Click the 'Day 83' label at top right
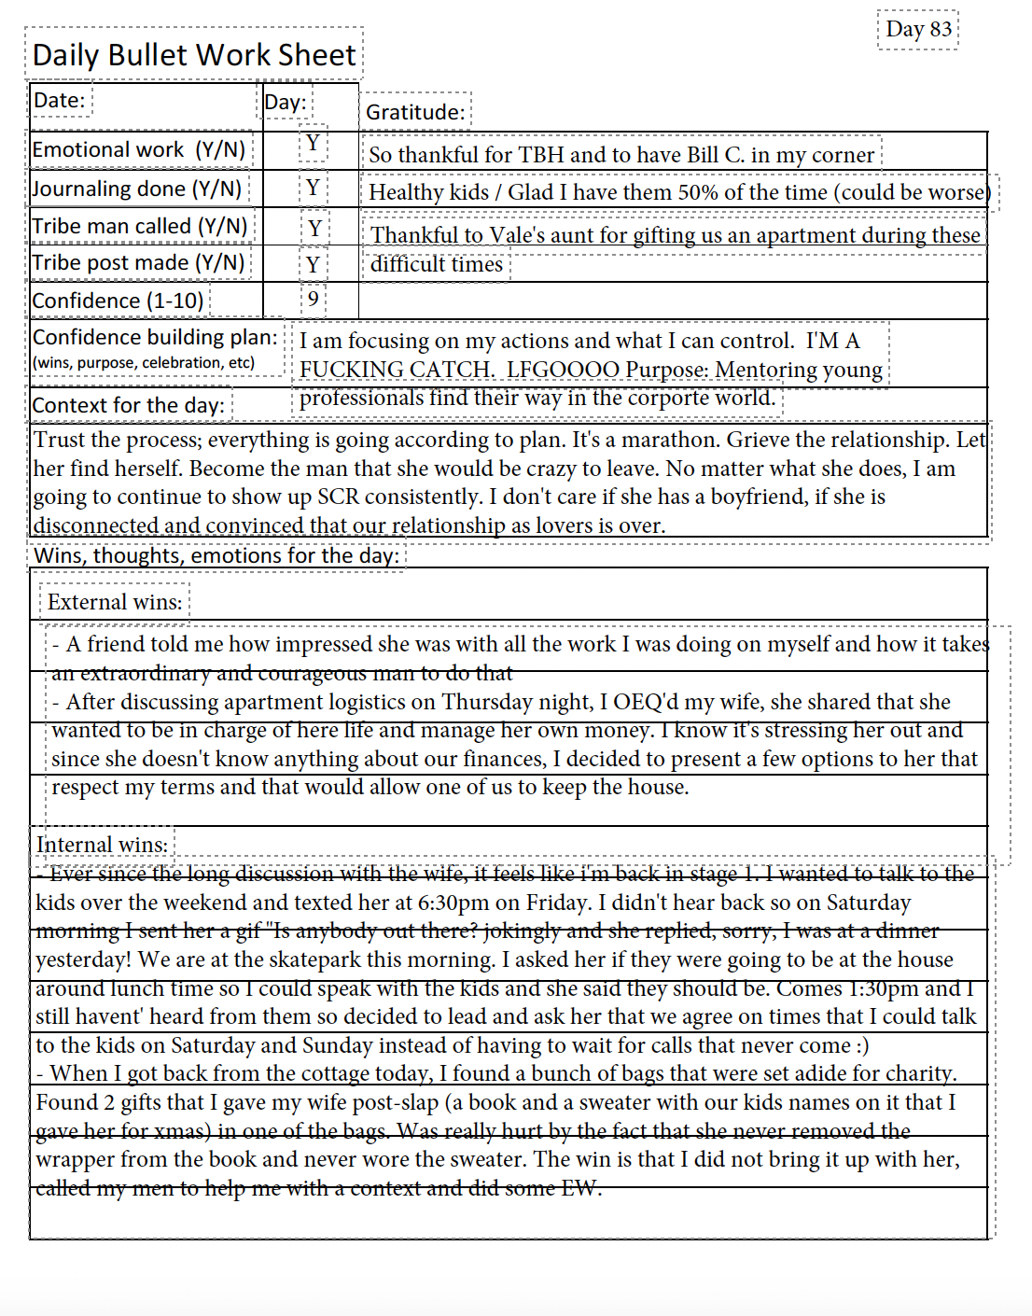[918, 29]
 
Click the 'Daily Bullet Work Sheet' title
[194, 55]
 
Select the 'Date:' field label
[59, 101]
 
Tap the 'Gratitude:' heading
[415, 112]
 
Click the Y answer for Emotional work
[313, 143]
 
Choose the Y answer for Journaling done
[313, 188]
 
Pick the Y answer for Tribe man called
[314, 228]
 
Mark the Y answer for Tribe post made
[313, 264]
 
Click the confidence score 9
[313, 299]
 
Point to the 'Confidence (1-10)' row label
[118, 301]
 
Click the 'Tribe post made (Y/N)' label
[138, 263]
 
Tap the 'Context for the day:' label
[128, 405]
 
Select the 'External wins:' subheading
[115, 602]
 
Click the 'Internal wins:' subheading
[102, 845]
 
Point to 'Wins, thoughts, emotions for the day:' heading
[216, 555]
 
